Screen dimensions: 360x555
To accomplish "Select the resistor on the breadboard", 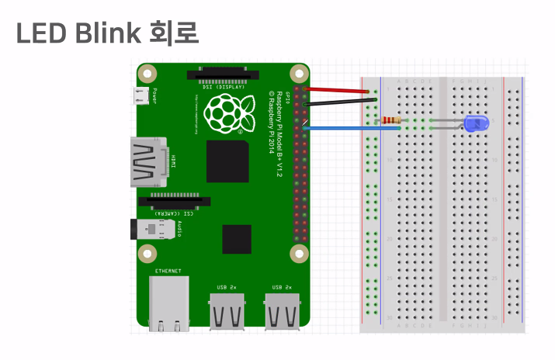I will (390, 120).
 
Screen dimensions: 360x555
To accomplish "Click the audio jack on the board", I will (152, 230).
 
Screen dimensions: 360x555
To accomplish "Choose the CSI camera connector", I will (173, 202).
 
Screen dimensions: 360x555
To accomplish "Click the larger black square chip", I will (227, 161).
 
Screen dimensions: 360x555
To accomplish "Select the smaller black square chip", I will (237, 238).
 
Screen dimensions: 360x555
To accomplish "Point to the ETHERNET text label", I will (168, 271).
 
